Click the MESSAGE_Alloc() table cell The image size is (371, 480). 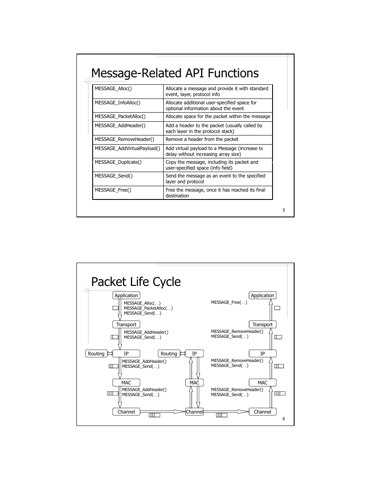tap(128, 91)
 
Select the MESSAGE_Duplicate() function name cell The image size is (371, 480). tap(128, 165)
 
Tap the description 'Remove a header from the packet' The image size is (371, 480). tap(202, 139)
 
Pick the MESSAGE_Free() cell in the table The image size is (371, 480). tap(128, 193)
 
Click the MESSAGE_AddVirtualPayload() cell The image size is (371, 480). tap(128, 151)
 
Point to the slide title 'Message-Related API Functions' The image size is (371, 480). tap(175, 73)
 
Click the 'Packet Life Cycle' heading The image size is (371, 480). tap(136, 282)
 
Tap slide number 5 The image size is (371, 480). tap(284, 210)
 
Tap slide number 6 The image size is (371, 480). tap(284, 419)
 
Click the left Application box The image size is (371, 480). tap(126, 295)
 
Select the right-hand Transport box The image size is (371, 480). tap(263, 325)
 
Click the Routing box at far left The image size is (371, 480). tap(96, 354)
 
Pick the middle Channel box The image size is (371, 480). tap(194, 412)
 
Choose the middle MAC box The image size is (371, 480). tap(194, 383)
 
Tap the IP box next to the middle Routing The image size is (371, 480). tap(194, 354)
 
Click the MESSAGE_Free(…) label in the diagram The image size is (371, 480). tap(229, 303)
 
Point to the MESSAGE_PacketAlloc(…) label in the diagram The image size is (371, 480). tap(148, 308)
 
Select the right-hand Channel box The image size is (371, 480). tap(263, 412)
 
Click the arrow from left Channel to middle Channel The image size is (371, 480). tap(162, 412)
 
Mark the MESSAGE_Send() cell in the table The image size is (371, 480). tap(128, 179)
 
